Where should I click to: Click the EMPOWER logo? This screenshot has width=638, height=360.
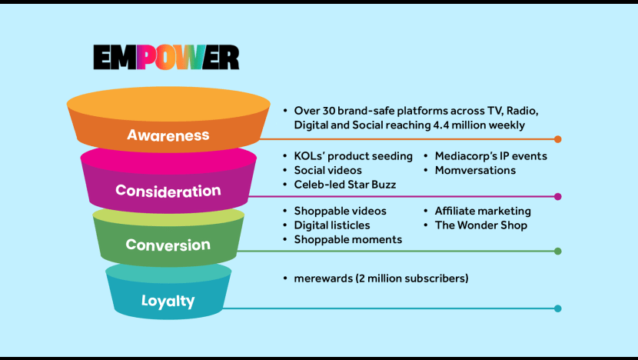point(166,57)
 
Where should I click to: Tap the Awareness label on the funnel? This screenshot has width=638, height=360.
point(168,135)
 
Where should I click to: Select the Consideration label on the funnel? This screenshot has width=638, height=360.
point(168,191)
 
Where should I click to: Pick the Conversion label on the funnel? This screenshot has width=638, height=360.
point(168,245)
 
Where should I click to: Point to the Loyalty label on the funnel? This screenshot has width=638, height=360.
point(168,301)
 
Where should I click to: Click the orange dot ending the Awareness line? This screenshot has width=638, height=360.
point(558,139)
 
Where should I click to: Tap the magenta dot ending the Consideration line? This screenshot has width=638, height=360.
point(558,197)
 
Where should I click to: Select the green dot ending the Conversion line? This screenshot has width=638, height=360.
point(558,252)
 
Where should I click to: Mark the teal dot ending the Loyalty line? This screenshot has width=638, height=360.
point(558,308)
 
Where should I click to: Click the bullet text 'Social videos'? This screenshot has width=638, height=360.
point(328,170)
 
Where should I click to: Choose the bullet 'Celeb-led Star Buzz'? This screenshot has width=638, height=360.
point(345,185)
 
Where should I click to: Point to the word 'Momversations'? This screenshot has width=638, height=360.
point(475,170)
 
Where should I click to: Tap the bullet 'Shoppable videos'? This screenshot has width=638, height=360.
point(341,211)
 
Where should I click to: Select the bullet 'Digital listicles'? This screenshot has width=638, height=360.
point(332,225)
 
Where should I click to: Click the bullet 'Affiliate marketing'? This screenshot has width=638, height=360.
point(483,211)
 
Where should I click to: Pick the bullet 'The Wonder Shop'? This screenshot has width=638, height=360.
point(481,225)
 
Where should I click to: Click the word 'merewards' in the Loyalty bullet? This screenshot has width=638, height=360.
point(323,278)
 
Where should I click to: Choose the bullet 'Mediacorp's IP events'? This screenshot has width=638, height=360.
point(491,156)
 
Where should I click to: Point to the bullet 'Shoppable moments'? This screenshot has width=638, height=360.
point(348,239)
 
